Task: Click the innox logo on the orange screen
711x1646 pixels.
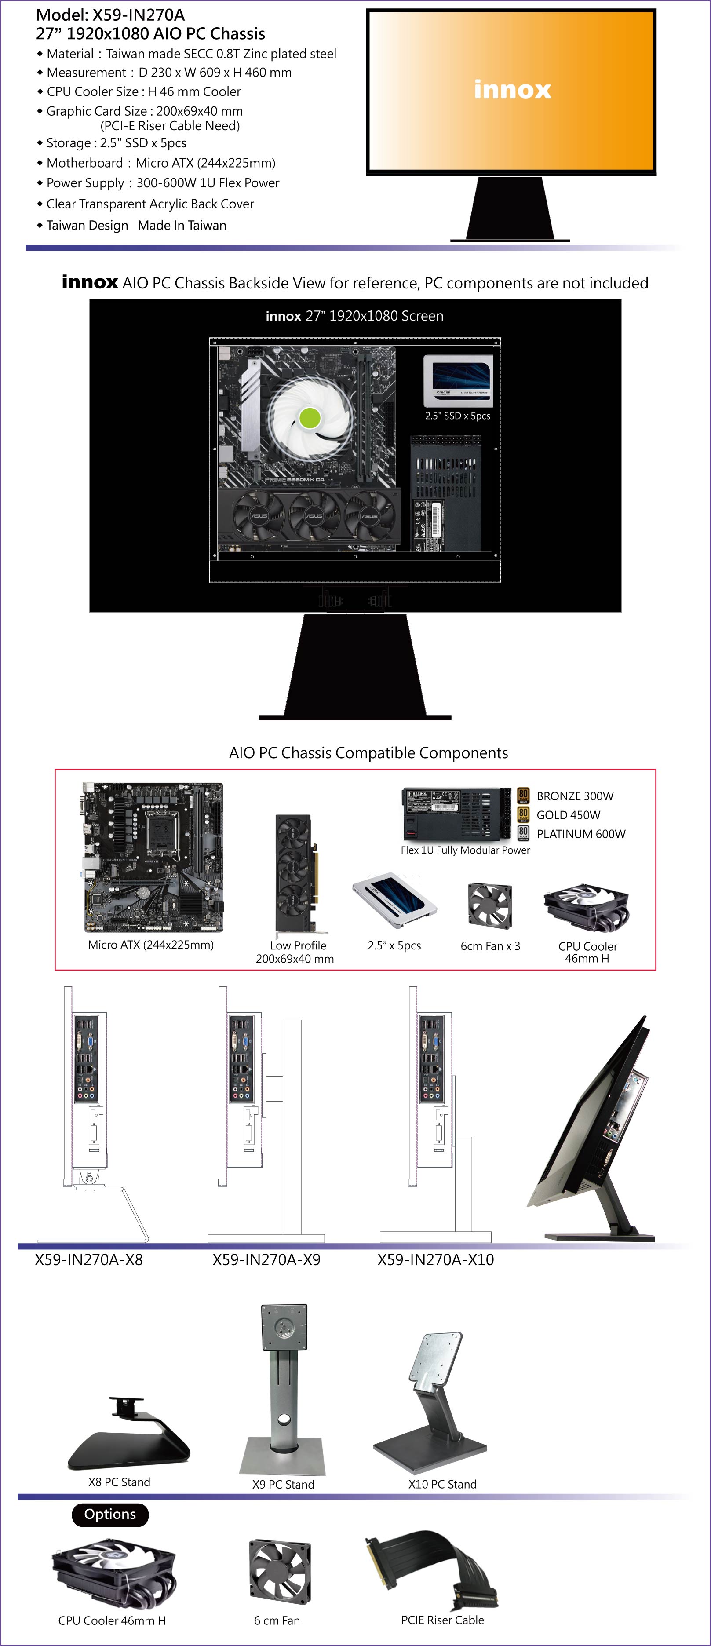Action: pos(512,89)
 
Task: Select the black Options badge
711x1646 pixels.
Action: pos(110,1515)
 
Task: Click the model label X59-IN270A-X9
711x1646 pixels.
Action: pos(266,1259)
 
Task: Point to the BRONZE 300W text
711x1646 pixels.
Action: pos(575,796)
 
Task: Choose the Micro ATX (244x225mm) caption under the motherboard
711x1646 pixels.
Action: pos(151,945)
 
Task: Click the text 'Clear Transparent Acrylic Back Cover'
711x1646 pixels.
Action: pos(150,204)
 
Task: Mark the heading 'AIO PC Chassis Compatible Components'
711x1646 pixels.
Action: pos(368,753)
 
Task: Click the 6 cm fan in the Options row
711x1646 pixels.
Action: pos(280,1572)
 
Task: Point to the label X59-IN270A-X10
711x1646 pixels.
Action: pos(436,1259)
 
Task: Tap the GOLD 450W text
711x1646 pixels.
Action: pos(569,815)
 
